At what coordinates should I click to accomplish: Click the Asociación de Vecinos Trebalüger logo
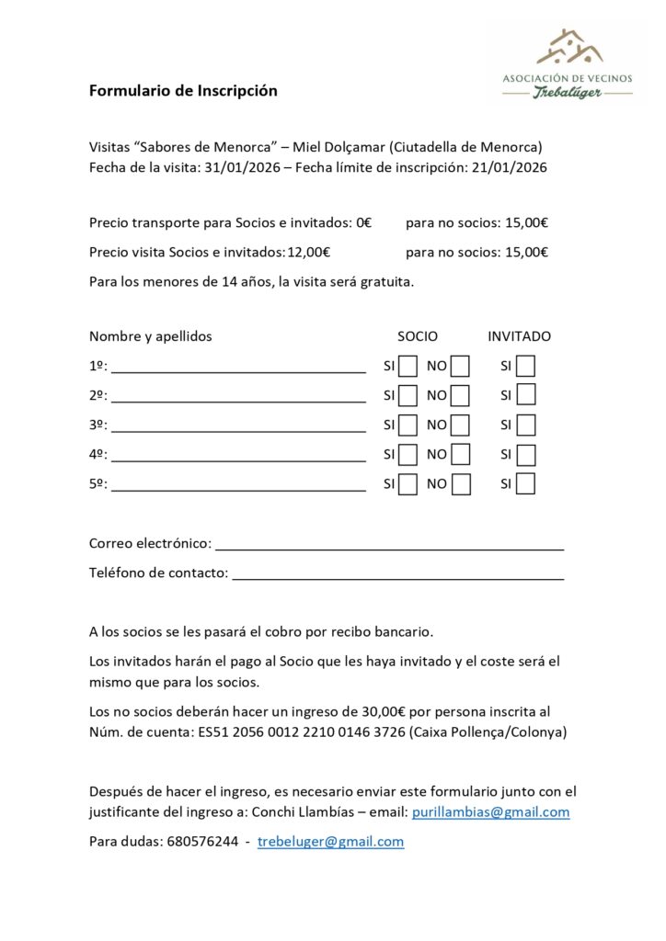[567, 66]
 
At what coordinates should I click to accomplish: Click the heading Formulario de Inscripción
[183, 91]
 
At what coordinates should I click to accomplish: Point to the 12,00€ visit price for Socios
[309, 253]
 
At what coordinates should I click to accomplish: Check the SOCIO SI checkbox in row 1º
[408, 367]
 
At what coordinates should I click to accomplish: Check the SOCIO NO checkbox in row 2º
[460, 396]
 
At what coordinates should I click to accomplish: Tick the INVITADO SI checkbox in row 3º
[525, 425]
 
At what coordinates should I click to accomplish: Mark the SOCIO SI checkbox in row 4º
[408, 455]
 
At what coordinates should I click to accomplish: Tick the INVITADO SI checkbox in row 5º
[525, 484]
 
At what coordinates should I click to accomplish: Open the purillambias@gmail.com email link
[490, 812]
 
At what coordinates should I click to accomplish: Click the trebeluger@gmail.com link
[330, 842]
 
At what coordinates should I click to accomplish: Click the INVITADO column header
[519, 336]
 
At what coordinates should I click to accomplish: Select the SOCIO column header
[418, 336]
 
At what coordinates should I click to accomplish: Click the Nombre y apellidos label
[151, 336]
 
